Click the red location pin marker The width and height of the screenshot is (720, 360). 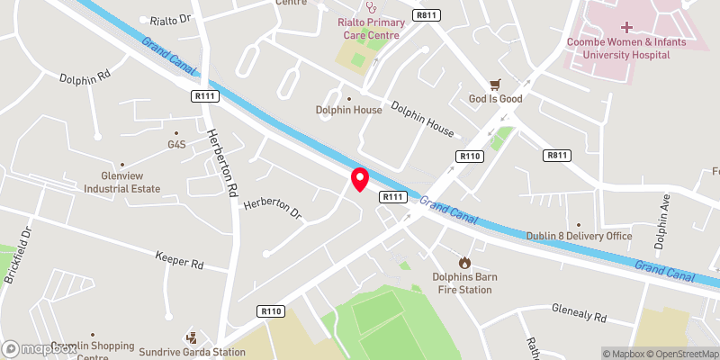(359, 178)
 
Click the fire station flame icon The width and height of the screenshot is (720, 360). (464, 262)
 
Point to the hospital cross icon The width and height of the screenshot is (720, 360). (626, 28)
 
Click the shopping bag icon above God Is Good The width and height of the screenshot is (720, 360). (494, 84)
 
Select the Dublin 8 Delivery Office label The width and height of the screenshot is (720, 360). (580, 236)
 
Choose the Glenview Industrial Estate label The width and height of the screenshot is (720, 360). (122, 183)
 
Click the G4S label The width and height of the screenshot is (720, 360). (175, 144)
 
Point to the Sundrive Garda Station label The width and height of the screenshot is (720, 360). (192, 351)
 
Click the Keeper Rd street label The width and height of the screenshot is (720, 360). (180, 264)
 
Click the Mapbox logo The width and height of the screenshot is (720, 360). (38, 347)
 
